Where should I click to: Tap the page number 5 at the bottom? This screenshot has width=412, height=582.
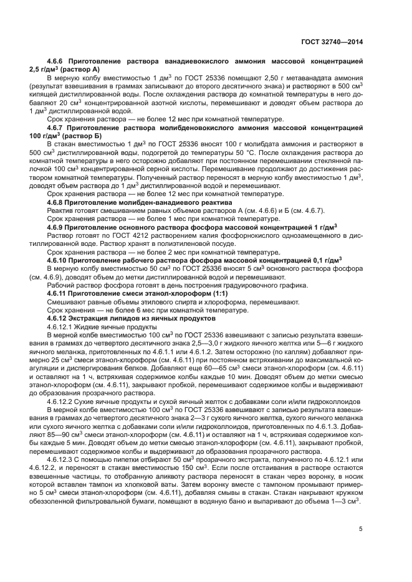(x=360, y=530)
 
